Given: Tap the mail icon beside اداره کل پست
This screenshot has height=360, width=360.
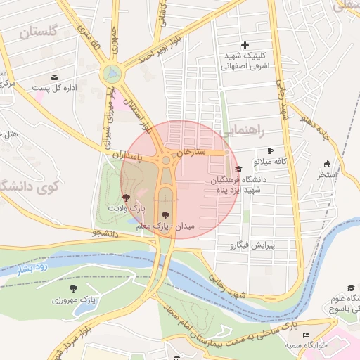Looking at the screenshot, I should (x=54, y=77).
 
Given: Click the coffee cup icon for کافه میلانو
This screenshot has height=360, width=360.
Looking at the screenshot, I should (x=270, y=151).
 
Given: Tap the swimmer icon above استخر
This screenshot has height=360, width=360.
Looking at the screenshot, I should (x=327, y=164).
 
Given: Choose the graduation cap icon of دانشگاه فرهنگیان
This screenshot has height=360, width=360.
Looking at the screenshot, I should (x=238, y=169).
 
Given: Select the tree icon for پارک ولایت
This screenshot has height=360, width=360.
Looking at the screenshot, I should (x=126, y=198).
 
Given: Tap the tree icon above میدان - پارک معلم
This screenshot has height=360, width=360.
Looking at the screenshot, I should (x=165, y=214).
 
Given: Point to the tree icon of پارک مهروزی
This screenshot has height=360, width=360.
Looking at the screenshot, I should (x=73, y=288).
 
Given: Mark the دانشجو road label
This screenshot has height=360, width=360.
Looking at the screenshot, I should (x=105, y=231).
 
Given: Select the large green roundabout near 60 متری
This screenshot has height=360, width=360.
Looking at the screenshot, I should (x=111, y=74).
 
